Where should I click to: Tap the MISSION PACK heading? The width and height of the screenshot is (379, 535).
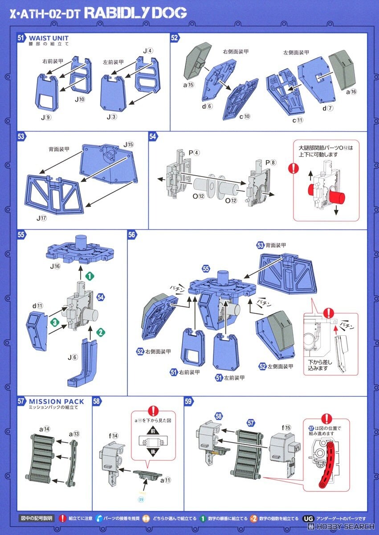point(56,401)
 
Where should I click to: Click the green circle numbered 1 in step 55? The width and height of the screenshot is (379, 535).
point(89,276)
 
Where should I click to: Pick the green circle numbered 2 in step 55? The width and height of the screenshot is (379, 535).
point(102,332)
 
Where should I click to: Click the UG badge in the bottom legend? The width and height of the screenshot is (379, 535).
point(308,519)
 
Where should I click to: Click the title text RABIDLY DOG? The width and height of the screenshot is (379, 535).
point(135,13)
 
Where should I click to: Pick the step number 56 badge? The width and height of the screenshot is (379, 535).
point(132,235)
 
